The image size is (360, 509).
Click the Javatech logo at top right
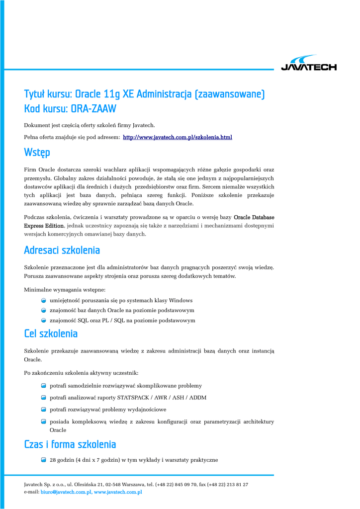309,63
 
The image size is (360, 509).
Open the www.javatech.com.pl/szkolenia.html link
178,137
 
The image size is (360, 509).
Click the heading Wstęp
37,152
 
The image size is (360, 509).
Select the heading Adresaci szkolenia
62,250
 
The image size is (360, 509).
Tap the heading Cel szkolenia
51,333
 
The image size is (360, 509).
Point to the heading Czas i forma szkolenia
70,444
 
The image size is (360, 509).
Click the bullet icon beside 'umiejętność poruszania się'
44,300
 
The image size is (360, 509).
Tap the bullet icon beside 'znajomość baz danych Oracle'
44,310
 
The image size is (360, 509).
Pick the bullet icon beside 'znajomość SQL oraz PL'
44,321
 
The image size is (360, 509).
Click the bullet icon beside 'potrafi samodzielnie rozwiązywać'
44,386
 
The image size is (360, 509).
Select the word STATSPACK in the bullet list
134,398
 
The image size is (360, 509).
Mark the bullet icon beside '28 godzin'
44,460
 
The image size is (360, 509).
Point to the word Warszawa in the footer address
130,484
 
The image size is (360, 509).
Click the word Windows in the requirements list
180,300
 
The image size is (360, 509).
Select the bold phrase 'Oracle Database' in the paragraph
254,217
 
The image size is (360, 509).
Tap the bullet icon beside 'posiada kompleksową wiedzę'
44,422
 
